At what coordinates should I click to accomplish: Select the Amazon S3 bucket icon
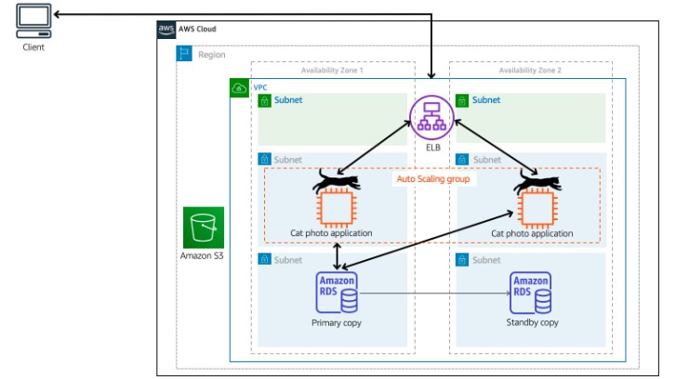(204, 227)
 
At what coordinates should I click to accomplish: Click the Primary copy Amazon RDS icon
(337, 294)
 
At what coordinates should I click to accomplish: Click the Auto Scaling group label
(432, 178)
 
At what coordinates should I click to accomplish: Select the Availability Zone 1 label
(332, 71)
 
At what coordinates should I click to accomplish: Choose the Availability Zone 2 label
(530, 71)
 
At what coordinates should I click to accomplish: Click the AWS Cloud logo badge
(166, 30)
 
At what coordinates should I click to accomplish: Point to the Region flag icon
(185, 55)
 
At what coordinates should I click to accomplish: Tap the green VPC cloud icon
(239, 88)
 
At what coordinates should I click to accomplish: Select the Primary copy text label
(337, 323)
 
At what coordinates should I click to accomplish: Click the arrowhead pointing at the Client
(59, 15)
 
